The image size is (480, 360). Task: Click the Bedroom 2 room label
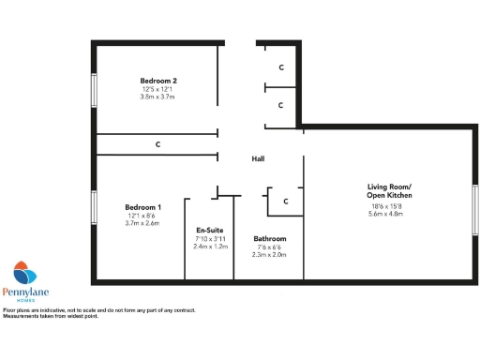pyautogui.click(x=157, y=82)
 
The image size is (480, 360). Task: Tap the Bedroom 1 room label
pyautogui.click(x=143, y=207)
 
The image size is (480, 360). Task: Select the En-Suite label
pyautogui.click(x=210, y=230)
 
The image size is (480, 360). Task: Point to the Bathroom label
pyautogui.click(x=270, y=239)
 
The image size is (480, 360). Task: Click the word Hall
pyautogui.click(x=258, y=158)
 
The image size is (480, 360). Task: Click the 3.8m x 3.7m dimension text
pyautogui.click(x=157, y=97)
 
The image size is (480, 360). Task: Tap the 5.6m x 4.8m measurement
pyautogui.click(x=385, y=214)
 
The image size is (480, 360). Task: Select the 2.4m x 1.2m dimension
pyautogui.click(x=210, y=247)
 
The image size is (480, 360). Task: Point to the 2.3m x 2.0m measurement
pyautogui.click(x=270, y=255)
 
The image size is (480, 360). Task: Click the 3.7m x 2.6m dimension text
pyautogui.click(x=143, y=223)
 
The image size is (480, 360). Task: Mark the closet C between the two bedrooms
pyautogui.click(x=157, y=144)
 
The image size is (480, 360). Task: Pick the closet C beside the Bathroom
pyautogui.click(x=285, y=201)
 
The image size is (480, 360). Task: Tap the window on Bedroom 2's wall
pyautogui.click(x=93, y=94)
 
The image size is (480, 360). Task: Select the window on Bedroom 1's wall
pyautogui.click(x=93, y=215)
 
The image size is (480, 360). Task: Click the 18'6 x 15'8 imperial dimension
pyautogui.click(x=385, y=206)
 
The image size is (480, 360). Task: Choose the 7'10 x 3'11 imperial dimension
pyautogui.click(x=210, y=239)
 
